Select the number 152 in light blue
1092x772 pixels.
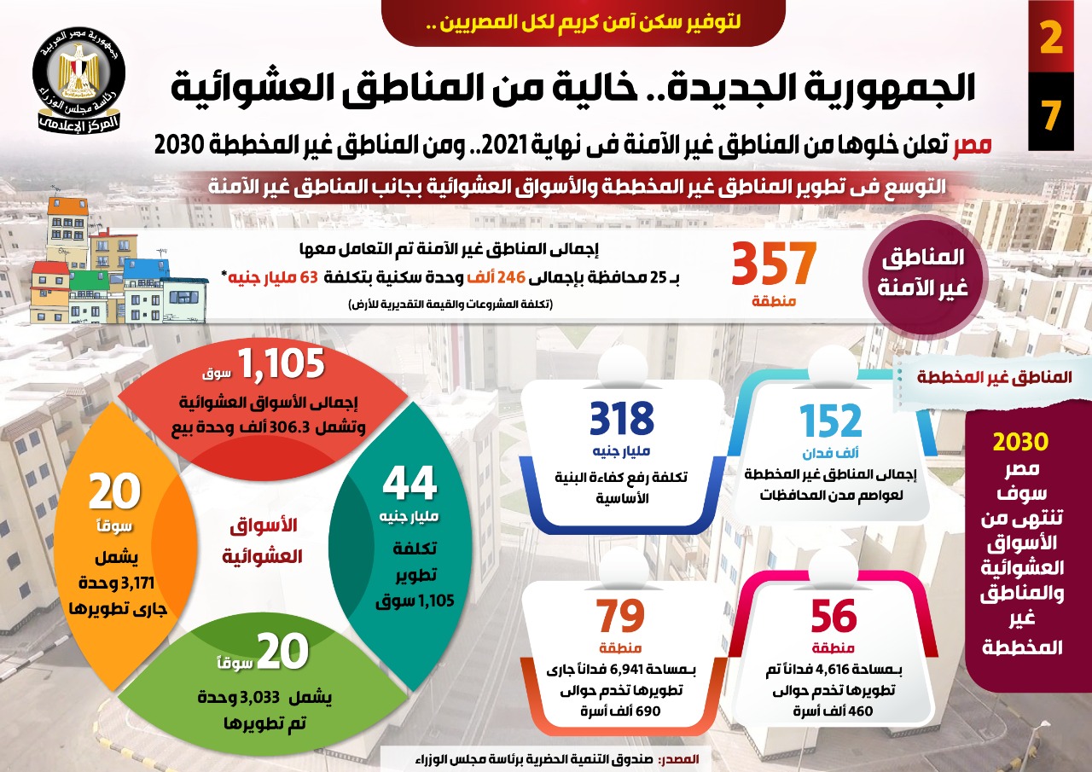click(x=831, y=421)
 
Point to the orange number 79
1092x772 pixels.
click(x=620, y=616)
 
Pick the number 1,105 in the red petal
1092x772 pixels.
click(x=281, y=364)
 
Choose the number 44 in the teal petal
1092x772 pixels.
click(x=409, y=484)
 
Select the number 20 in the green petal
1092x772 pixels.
click(x=282, y=652)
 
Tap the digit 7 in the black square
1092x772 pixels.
click(x=1051, y=114)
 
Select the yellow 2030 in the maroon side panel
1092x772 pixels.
click(x=1020, y=443)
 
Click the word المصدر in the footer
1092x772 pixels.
click(x=680, y=758)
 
